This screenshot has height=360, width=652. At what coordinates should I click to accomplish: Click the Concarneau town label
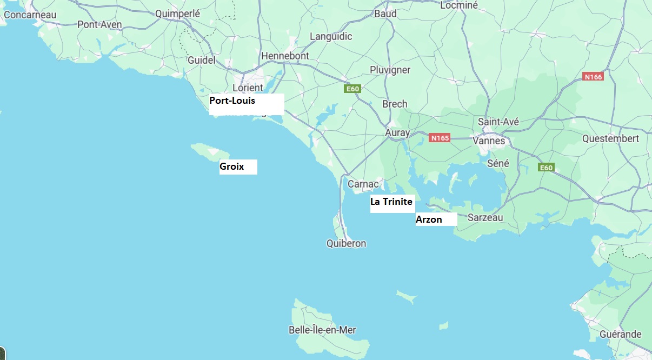[x=30, y=15]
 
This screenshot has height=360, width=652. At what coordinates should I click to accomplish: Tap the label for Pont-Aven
[x=99, y=24]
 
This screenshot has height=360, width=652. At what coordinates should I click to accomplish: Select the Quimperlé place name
[x=177, y=14]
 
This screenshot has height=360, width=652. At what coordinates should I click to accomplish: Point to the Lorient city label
[x=248, y=87]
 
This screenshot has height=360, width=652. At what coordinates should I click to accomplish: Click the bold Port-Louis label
[x=232, y=101]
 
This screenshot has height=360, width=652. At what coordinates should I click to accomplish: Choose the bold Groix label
[x=231, y=166]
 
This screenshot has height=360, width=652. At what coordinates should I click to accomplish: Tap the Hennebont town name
[x=285, y=56]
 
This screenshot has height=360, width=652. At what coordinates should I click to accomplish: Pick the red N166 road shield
[x=593, y=77]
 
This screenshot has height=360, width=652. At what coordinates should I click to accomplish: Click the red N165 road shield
[x=440, y=138]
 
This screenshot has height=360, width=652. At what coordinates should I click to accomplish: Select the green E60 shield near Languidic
[x=352, y=89]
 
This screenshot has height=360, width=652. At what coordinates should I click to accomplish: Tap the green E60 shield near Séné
[x=546, y=168]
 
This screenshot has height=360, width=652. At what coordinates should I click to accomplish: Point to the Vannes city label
[x=489, y=141]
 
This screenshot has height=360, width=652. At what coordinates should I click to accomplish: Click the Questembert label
[x=610, y=138]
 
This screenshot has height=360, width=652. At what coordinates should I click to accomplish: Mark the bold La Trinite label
[x=391, y=202]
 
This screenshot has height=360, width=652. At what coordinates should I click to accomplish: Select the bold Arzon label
[x=429, y=219]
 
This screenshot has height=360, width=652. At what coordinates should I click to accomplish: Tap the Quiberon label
[x=346, y=243]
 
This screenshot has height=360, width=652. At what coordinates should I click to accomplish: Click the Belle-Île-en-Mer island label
[x=322, y=330]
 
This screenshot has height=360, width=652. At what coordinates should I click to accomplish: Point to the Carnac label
[x=363, y=184]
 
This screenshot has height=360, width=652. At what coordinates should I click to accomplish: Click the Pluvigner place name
[x=390, y=70]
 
